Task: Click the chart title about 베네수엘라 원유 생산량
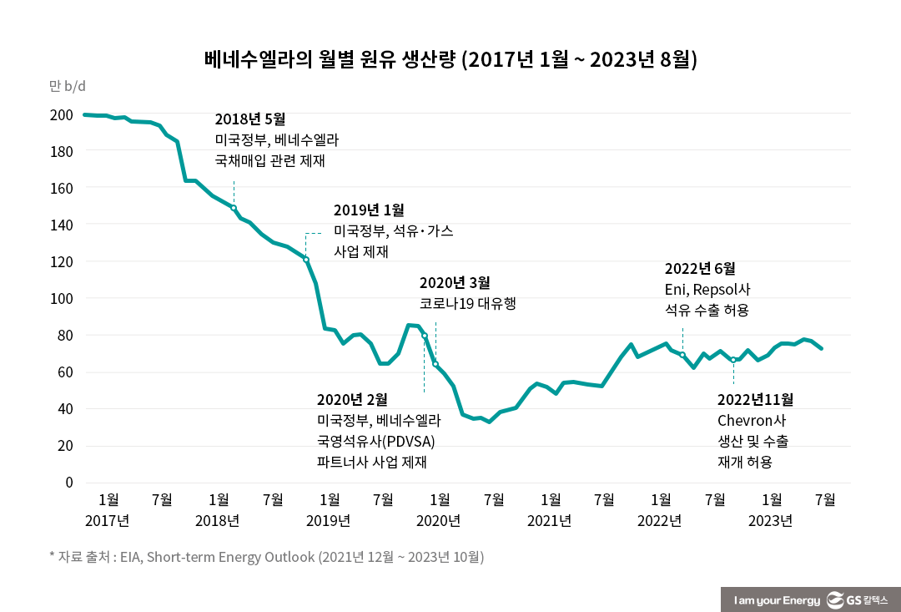click(x=450, y=59)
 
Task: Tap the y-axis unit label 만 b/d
click(x=68, y=86)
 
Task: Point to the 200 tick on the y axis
click(x=63, y=114)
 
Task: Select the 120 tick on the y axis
click(x=63, y=261)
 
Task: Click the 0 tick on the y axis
click(x=68, y=482)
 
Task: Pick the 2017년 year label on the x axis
click(x=107, y=521)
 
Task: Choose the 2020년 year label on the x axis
click(x=438, y=521)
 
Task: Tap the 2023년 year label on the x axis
click(x=770, y=521)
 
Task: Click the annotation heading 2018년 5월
click(x=250, y=119)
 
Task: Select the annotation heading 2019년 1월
click(x=369, y=210)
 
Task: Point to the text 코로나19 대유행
click(x=467, y=304)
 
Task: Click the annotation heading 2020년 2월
click(x=352, y=400)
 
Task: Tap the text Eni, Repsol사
click(x=707, y=290)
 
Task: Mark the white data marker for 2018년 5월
click(x=234, y=208)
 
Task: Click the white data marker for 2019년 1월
click(x=306, y=260)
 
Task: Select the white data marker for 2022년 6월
click(x=682, y=355)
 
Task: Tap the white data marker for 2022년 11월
click(x=733, y=360)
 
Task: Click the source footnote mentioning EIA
click(x=267, y=557)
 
